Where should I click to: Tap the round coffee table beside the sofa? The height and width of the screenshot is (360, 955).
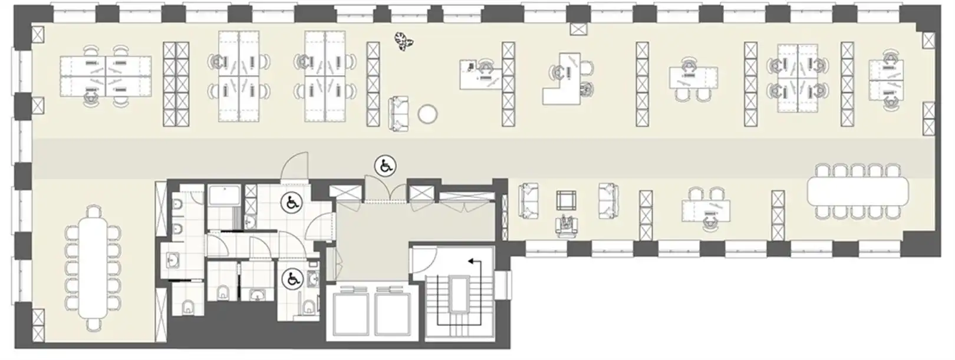tap(427, 114)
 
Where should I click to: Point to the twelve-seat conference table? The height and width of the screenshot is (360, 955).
tap(94, 269)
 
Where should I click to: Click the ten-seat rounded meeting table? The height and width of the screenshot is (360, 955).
tap(858, 190)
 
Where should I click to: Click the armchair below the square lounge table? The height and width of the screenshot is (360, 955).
tap(567, 226)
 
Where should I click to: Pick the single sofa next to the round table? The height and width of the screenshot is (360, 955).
tap(399, 114)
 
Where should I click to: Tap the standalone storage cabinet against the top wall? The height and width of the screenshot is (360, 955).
tap(578, 29)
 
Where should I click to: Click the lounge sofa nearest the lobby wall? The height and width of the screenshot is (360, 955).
tap(528, 200)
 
